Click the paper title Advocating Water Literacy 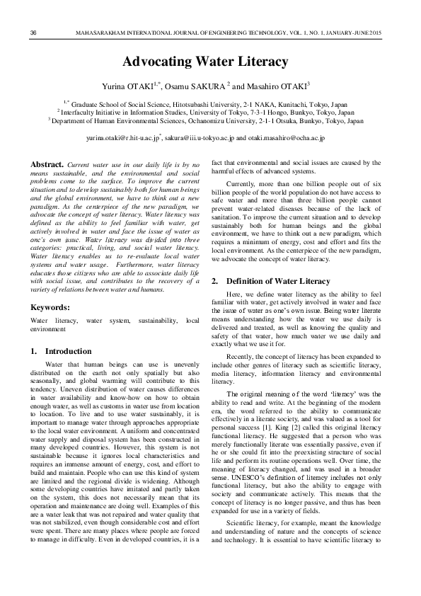(206, 62)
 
